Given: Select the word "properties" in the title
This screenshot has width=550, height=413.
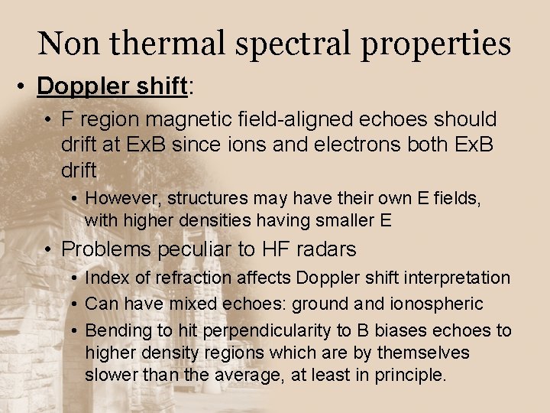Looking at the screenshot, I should [x=435, y=45].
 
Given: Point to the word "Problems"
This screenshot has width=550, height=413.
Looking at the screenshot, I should [x=107, y=249].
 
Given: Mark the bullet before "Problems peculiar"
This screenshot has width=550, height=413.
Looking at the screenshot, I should [x=48, y=249].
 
